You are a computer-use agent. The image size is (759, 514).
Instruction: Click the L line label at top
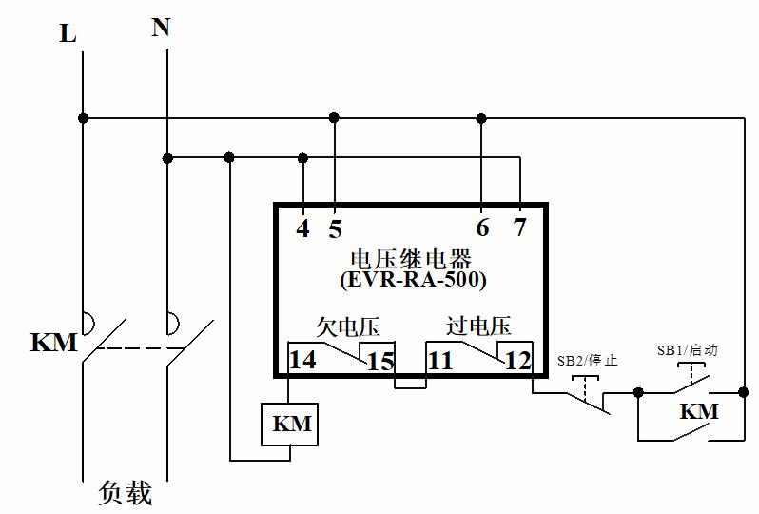pyautogui.click(x=68, y=34)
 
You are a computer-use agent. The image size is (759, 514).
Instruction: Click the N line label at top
pyautogui.click(x=161, y=28)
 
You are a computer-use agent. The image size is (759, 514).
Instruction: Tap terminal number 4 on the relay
pyautogui.click(x=302, y=229)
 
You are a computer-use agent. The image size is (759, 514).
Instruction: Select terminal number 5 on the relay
pyautogui.click(x=335, y=229)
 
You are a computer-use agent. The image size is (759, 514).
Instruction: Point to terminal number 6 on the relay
pyautogui.click(x=482, y=228)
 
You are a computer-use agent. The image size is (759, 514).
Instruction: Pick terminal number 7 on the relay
pyautogui.click(x=518, y=228)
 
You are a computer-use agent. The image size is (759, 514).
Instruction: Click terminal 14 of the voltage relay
pyautogui.click(x=303, y=362)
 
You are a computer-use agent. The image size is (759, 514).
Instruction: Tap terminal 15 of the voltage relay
pyautogui.click(x=380, y=362)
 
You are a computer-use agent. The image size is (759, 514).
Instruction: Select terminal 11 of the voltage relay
pyautogui.click(x=439, y=362)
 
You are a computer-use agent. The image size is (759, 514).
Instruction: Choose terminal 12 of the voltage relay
pyautogui.click(x=518, y=362)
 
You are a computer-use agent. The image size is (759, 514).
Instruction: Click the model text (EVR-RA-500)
pyautogui.click(x=413, y=280)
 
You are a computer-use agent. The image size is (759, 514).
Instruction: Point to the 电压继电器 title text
pyautogui.click(x=412, y=258)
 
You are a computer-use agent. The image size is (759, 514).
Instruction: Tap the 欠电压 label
pyautogui.click(x=348, y=327)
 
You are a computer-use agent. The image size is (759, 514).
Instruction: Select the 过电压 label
pyautogui.click(x=478, y=326)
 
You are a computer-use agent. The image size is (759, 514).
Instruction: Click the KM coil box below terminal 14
pyautogui.click(x=290, y=425)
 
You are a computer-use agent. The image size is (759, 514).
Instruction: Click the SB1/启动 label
pyautogui.click(x=686, y=350)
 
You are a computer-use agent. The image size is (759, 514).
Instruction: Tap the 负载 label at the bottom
pyautogui.click(x=125, y=494)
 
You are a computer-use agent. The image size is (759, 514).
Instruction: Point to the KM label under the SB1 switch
pyautogui.click(x=698, y=411)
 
